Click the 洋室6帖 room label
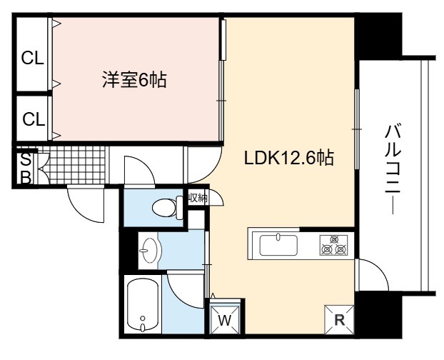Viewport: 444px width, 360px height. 134,79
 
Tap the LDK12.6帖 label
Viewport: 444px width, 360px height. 289,157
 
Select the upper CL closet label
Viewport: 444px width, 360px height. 33,59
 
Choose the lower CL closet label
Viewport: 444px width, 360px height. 34,119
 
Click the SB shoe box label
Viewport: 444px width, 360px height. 26,169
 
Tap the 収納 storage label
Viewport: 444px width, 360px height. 198,198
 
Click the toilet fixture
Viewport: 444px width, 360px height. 167,208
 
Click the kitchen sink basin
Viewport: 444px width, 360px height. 278,244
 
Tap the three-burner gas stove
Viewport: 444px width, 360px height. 334,245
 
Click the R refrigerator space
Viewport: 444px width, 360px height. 339,319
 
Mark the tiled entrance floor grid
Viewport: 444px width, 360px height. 73,165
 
